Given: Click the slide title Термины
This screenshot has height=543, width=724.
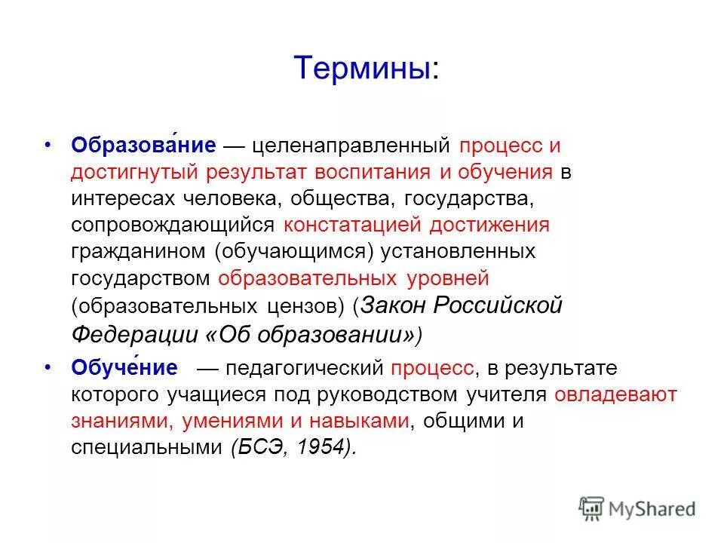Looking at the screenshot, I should tap(365, 68).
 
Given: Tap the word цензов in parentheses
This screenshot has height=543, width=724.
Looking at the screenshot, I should tap(309, 306).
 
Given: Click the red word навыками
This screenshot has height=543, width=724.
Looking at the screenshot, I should tap(354, 421).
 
